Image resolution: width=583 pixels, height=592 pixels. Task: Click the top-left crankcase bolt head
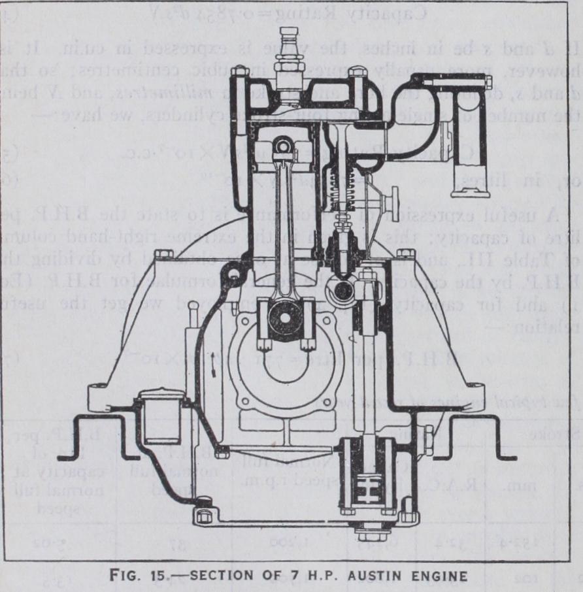164,254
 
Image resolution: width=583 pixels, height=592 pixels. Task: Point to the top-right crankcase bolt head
406,254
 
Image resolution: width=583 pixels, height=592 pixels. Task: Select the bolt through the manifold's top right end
486,82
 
